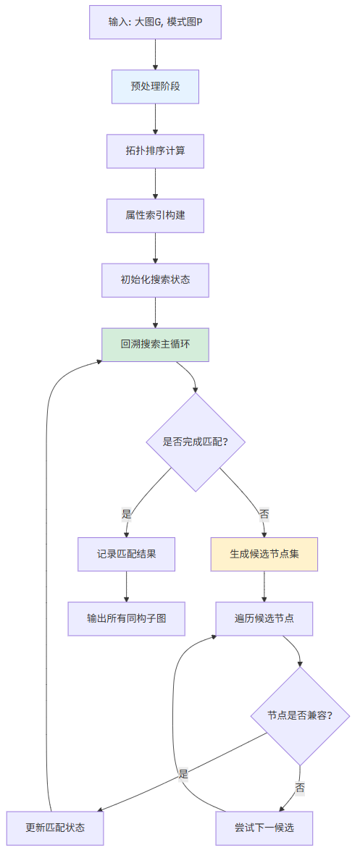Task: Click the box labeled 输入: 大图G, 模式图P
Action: [155, 22]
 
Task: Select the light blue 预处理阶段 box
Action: [155, 86]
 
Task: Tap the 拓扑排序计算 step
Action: [155, 151]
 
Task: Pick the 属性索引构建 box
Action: [155, 215]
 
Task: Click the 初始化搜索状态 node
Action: [155, 279]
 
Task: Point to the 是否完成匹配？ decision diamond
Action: [196, 442]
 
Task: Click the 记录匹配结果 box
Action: [127, 554]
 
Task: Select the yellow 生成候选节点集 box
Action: [264, 554]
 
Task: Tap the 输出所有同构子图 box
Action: [127, 618]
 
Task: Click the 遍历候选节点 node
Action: [264, 618]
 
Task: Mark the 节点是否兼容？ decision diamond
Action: [300, 715]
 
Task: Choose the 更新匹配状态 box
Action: [55, 828]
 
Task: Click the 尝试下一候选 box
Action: [264, 828]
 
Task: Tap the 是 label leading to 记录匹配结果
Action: [127, 514]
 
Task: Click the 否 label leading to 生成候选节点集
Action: [264, 514]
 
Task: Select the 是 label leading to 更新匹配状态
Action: [183, 774]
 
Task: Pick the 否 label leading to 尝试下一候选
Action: [300, 787]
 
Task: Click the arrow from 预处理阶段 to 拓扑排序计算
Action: [155, 119]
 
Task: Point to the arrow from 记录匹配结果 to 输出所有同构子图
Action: [127, 586]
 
